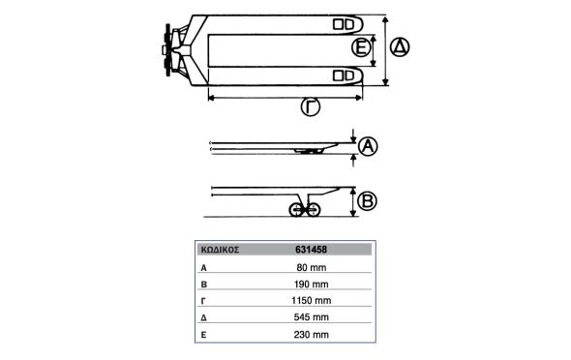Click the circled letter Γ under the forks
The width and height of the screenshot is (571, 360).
(x=311, y=106)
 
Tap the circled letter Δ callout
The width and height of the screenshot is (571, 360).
(x=400, y=47)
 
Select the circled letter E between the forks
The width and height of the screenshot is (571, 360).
(x=361, y=47)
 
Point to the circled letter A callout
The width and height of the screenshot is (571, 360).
(x=368, y=146)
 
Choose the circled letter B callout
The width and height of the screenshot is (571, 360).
(x=367, y=201)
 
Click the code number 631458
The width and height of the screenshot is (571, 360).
(x=311, y=250)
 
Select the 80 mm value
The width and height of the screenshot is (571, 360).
(x=312, y=267)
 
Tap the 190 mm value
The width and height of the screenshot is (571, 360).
(x=312, y=285)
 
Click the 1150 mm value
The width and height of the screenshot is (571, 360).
(x=312, y=301)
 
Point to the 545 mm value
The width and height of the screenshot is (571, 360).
(x=312, y=317)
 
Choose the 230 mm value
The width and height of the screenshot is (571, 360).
(x=312, y=335)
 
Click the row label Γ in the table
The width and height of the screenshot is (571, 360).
(x=203, y=301)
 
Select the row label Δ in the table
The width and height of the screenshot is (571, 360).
(x=204, y=318)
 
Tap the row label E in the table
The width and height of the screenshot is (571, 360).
(x=203, y=335)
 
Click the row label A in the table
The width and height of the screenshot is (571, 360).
(x=204, y=268)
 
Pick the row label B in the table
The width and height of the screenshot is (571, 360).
(x=204, y=285)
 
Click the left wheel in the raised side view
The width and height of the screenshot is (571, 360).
(x=296, y=210)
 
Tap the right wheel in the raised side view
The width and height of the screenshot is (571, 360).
(x=314, y=210)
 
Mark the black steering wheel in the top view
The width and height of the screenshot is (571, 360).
(x=167, y=50)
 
